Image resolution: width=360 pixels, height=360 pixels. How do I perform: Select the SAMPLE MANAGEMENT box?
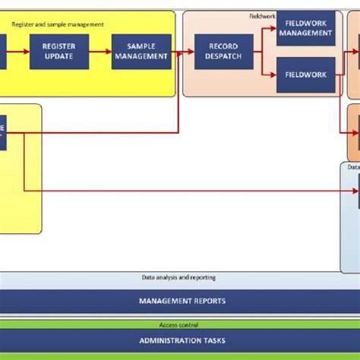pos(141,52)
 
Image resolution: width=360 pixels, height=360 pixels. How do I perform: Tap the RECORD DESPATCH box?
pos(222,52)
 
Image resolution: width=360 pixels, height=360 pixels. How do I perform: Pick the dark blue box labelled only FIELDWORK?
pos(305,75)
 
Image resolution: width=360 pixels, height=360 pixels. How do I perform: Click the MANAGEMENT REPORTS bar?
pos(182,301)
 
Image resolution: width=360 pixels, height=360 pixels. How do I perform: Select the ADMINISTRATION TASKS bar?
pos(182,340)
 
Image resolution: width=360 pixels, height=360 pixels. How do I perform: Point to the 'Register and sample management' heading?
pos(58,24)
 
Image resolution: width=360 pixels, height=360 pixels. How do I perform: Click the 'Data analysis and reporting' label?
pos(178,278)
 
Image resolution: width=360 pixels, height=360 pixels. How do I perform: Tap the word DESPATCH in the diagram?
pos(222,56)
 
